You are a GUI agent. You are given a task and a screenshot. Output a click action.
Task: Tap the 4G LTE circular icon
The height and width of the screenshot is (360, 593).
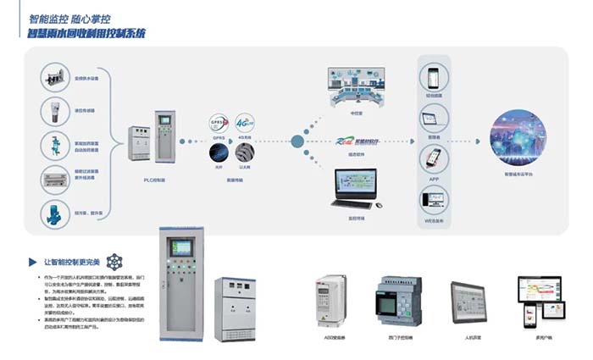[246, 123]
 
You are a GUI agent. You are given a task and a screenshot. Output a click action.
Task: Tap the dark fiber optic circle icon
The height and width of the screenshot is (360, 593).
[220, 153]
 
